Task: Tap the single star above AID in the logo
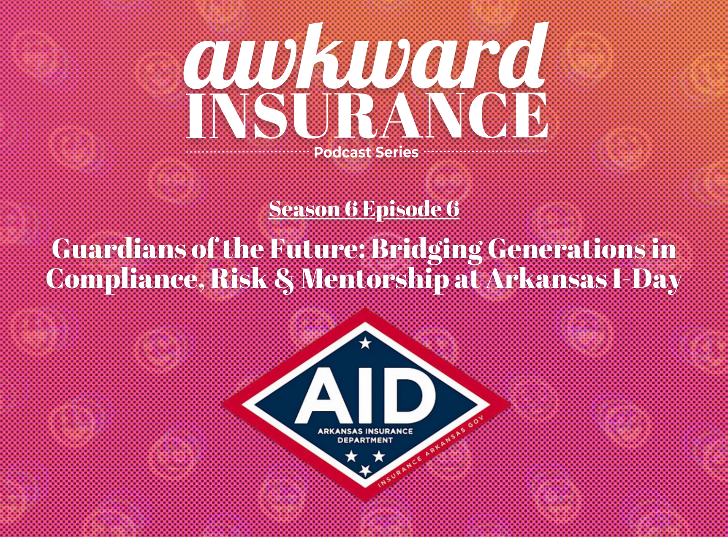click(x=365, y=343)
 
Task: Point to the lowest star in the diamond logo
click(x=365, y=470)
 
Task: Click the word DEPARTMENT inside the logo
click(x=365, y=441)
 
